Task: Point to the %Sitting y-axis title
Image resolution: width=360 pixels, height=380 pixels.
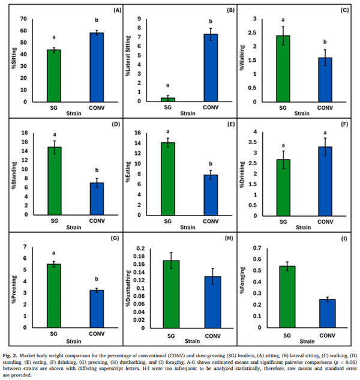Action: tap(13, 59)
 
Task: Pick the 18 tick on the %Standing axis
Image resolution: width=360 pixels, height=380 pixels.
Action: tap(22, 133)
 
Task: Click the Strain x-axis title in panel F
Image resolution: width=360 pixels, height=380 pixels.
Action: tap(302, 228)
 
